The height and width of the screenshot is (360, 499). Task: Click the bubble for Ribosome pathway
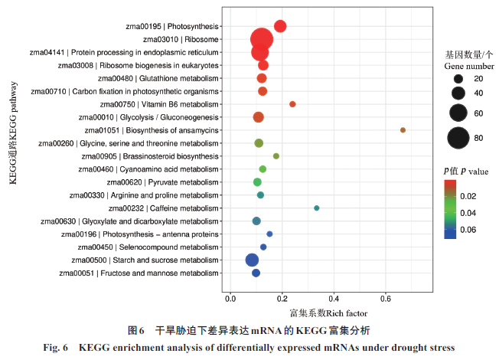coord(261,39)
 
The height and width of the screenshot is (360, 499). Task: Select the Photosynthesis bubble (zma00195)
coord(280,26)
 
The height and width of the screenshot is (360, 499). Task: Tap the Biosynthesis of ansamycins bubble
coord(403,130)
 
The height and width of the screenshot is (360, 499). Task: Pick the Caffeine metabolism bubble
coord(317,208)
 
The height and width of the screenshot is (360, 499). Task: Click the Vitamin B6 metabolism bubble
coord(292,104)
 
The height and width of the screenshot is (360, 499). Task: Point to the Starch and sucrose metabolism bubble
coord(252,260)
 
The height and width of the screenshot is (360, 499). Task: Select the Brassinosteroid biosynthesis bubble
coord(276,156)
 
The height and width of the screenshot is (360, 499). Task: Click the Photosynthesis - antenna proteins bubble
coord(269,234)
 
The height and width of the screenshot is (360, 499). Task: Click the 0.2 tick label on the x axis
coord(282,297)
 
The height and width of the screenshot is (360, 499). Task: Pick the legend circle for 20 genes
coord(458,79)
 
